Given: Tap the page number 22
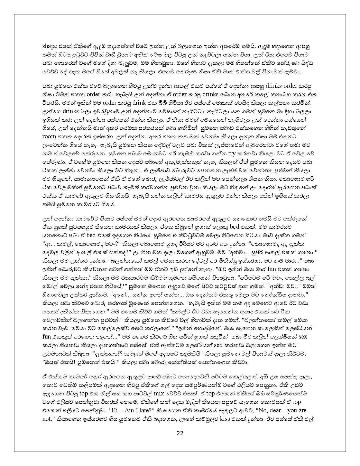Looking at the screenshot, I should pyautogui.click(x=180, y=442).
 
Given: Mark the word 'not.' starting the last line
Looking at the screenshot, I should pyautogui.click(x=47, y=419).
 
